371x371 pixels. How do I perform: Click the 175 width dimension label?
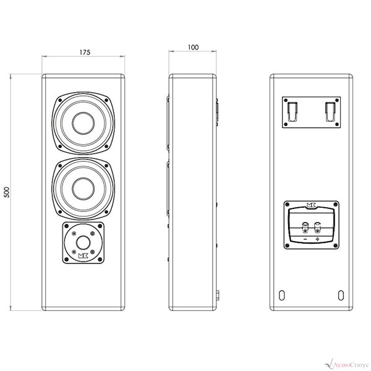(x=85, y=53)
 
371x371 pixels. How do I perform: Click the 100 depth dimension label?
(x=193, y=48)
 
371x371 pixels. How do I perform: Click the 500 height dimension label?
(x=7, y=192)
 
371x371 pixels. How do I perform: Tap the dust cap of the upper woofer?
(x=83, y=123)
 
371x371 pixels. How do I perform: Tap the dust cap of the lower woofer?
(x=83, y=189)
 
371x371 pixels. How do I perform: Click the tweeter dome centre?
(x=83, y=243)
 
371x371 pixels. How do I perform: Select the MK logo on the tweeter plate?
(x=83, y=256)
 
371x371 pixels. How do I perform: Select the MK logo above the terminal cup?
(x=312, y=205)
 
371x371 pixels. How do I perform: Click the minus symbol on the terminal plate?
(x=305, y=239)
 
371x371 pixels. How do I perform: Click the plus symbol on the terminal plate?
(x=317, y=239)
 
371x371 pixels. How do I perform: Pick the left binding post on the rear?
(x=305, y=226)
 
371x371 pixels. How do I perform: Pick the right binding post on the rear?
(x=317, y=226)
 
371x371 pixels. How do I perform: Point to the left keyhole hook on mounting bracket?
(x=292, y=111)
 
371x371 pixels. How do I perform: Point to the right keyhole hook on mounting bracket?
(x=330, y=111)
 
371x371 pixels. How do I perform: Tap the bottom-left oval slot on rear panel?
(x=281, y=295)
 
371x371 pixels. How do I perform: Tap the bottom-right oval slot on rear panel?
(x=341, y=295)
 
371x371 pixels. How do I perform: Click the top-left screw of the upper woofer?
(x=60, y=100)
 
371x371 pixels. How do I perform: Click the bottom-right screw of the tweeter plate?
(x=100, y=259)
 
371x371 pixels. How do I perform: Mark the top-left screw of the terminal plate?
(x=288, y=205)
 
